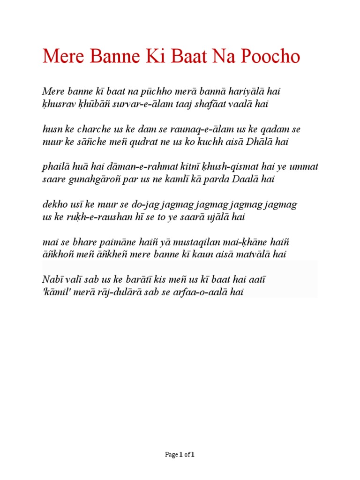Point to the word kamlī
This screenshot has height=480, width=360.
pyautogui.click(x=193, y=180)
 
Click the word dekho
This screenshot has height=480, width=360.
pyautogui.click(x=53, y=204)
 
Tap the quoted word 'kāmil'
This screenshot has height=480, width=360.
pyautogui.click(x=57, y=292)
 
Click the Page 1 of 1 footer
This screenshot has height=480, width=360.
pyautogui.click(x=180, y=454)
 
